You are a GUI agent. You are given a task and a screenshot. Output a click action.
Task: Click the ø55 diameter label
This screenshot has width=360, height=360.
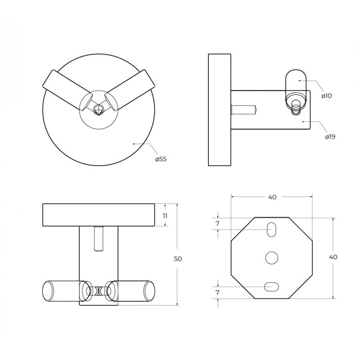(161, 159)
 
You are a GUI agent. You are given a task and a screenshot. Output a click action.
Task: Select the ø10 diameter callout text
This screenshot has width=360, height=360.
(327, 96)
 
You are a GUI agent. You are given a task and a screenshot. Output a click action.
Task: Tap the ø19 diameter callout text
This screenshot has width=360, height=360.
(330, 137)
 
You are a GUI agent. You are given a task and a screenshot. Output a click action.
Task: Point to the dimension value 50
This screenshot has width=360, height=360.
(178, 259)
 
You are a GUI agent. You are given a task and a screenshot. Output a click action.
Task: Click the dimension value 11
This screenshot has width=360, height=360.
(165, 216)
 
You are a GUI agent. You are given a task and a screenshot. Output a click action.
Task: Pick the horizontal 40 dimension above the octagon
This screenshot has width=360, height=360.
(272, 197)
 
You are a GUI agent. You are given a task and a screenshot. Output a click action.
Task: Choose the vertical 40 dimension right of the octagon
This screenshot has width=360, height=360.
(333, 257)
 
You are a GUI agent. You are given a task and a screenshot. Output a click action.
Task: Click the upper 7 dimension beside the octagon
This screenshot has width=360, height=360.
(218, 223)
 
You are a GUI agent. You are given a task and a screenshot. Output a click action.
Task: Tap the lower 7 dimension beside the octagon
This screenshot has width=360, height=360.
(218, 292)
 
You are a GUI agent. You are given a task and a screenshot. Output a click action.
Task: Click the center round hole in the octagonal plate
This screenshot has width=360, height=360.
(272, 257)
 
